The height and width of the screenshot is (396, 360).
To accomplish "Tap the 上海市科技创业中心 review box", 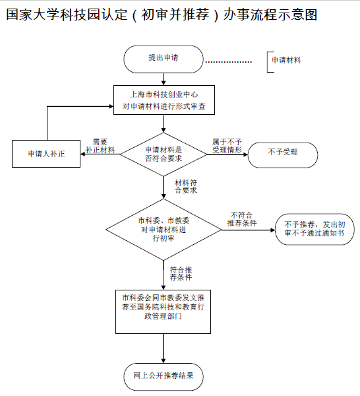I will coord(164,100).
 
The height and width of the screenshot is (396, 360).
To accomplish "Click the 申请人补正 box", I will coord(46,153).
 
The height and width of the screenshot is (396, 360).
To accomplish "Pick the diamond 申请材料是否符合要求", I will coord(164,154).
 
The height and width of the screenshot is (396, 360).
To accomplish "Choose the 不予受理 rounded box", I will coord(282,153).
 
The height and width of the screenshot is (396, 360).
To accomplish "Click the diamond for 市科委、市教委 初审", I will coord(164,230).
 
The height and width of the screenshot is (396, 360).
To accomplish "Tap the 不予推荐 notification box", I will coord(315,230).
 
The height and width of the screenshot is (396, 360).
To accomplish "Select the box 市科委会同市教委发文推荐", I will coord(163,308).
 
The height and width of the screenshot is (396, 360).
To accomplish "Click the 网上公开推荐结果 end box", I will coord(164,376).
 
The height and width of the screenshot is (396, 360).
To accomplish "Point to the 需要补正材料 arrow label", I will coord(100,146).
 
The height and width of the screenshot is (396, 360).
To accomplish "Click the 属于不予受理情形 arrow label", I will coord(227,146).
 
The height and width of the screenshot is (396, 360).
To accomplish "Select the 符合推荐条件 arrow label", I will coord(181,273).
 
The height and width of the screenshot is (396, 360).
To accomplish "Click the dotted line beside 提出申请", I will coord(228,62).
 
